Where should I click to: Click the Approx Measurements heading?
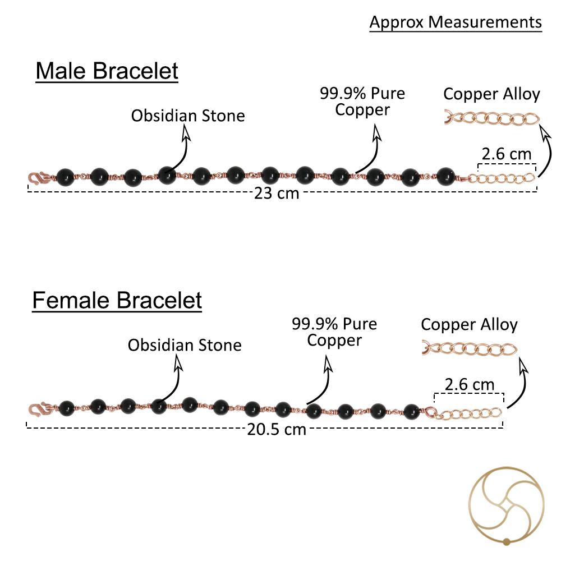tap(456, 22)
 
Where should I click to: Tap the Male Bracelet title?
tap(107, 71)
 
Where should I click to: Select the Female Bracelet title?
tap(117, 300)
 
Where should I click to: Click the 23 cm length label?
tap(277, 193)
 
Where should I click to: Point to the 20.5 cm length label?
tap(277, 429)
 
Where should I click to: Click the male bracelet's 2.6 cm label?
tap(506, 154)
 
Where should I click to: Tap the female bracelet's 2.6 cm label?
tap(470, 385)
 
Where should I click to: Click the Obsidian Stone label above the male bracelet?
tap(188, 116)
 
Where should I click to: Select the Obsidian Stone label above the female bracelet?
tap(185, 345)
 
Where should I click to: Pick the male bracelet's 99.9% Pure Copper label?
tap(362, 102)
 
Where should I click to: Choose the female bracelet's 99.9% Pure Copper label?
tap(334, 332)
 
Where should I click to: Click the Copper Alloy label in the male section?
tap(491, 94)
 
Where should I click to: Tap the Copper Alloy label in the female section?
tap(469, 325)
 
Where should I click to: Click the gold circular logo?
tap(506, 506)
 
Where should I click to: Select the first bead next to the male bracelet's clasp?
tap(65, 177)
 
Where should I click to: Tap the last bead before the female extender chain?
tap(411, 411)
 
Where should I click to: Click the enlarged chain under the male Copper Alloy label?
tap(492, 118)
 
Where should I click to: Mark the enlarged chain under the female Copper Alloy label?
tap(470, 349)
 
